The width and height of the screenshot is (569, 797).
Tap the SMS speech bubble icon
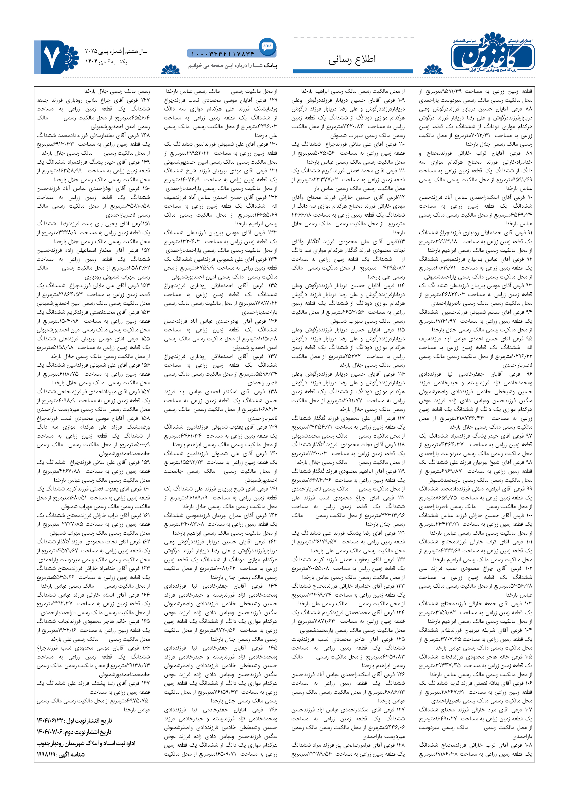coord(267,46)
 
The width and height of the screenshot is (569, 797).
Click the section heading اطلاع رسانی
coord(352,60)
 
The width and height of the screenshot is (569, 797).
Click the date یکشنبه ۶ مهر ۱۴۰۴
coord(106,62)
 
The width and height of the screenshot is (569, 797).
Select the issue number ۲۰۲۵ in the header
coord(90,51)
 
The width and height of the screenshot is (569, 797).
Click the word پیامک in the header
coord(270,66)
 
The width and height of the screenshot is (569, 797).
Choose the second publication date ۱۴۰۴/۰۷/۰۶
coord(50,732)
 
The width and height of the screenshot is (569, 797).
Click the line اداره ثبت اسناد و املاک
coord(86,743)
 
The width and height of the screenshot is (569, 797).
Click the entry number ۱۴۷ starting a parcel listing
coord(145,100)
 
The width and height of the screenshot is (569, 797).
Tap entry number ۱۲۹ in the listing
coord(273,100)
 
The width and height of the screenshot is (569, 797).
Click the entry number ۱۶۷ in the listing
coord(145,683)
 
